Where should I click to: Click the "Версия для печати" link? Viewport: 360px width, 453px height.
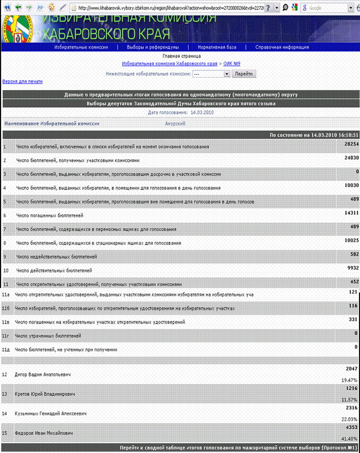(x=23, y=81)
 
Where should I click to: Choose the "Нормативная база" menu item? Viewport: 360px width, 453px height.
(x=217, y=47)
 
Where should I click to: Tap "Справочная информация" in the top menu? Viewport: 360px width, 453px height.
(x=282, y=47)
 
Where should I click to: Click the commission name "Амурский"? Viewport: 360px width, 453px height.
(x=175, y=123)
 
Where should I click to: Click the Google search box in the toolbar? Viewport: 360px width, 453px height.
(x=327, y=8)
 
